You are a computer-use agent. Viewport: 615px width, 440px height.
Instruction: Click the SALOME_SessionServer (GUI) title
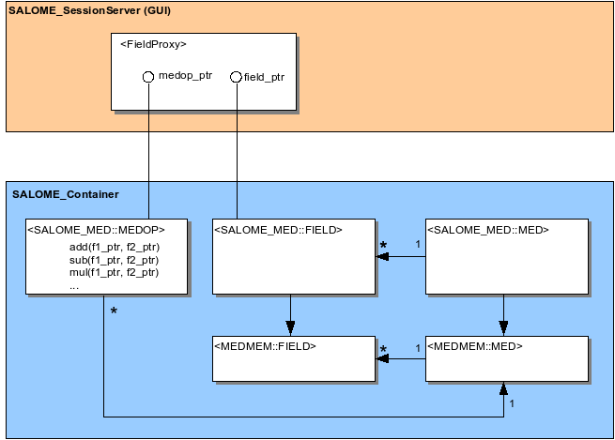pyautogui.click(x=90, y=10)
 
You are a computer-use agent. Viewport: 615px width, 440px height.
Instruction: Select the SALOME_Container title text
pyautogui.click(x=66, y=194)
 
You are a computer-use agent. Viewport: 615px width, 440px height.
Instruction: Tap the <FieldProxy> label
pyautogui.click(x=153, y=44)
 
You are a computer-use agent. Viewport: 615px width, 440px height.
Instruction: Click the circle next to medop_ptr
pyautogui.click(x=148, y=77)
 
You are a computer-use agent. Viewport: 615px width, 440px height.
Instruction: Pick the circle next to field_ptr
pyautogui.click(x=236, y=77)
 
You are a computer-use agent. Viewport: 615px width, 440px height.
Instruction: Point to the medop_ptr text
pyautogui.click(x=186, y=76)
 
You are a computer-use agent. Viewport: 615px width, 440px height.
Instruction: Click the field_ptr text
pyautogui.click(x=264, y=77)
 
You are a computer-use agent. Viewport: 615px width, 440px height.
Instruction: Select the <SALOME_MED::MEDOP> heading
pyautogui.click(x=96, y=230)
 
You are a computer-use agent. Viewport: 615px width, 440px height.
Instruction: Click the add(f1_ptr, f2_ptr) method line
pyautogui.click(x=115, y=248)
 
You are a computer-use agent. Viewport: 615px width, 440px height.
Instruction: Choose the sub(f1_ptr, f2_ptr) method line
pyautogui.click(x=115, y=260)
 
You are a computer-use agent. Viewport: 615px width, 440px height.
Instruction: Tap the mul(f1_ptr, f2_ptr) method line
pyautogui.click(x=115, y=272)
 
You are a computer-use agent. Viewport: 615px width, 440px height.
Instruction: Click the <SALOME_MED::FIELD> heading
pyautogui.click(x=278, y=230)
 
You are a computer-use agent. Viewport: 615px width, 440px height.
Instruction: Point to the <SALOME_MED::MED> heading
pyautogui.click(x=488, y=230)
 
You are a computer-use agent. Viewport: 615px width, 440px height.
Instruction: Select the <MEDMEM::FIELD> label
pyautogui.click(x=265, y=346)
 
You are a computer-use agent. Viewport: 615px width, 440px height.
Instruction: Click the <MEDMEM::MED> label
pyautogui.click(x=475, y=346)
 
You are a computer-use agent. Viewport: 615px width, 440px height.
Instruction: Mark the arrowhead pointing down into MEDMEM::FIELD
pyautogui.click(x=290, y=328)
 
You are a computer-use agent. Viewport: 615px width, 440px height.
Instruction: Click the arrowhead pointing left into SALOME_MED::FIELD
pyautogui.click(x=382, y=257)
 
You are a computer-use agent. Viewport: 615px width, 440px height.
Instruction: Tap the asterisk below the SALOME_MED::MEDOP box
pyautogui.click(x=114, y=311)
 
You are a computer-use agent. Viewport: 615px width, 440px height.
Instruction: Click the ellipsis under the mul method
pyautogui.click(x=74, y=288)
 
